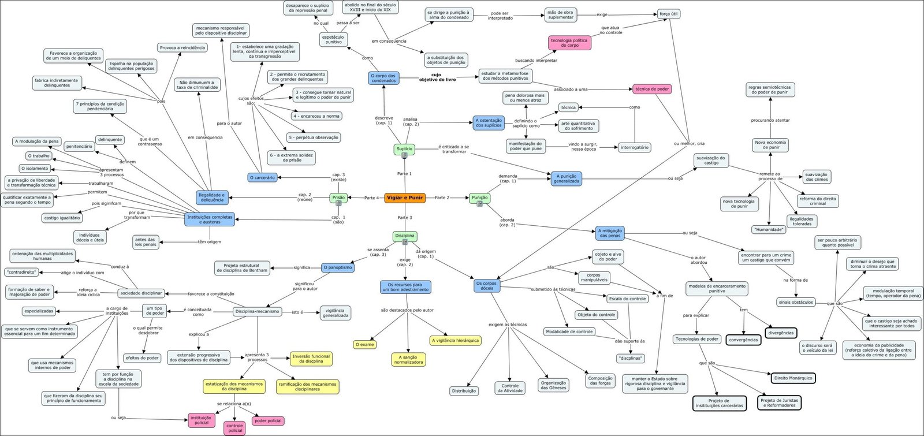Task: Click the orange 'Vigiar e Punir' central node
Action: coord(405,197)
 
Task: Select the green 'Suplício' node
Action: coord(404,149)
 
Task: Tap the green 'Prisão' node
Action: coord(338,197)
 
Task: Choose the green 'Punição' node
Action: coord(479,197)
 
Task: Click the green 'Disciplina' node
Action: coord(404,236)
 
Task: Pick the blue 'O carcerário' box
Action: coord(262,177)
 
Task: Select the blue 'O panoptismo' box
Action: coord(337,267)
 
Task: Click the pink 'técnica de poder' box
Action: coord(652,89)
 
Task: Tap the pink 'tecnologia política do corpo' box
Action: coord(569,43)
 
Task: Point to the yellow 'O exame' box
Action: coord(365,344)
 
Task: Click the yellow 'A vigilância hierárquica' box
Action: coord(455,340)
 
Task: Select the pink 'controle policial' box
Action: coord(235,428)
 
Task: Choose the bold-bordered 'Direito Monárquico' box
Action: coord(793,378)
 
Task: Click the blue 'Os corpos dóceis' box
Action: coord(487,286)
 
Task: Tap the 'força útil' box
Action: coord(669,14)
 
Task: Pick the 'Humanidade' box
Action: coord(769,229)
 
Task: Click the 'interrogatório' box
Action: coord(635,147)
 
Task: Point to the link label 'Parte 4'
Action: coord(371,198)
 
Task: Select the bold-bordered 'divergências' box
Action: coord(781,333)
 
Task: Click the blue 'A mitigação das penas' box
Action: coord(610,233)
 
